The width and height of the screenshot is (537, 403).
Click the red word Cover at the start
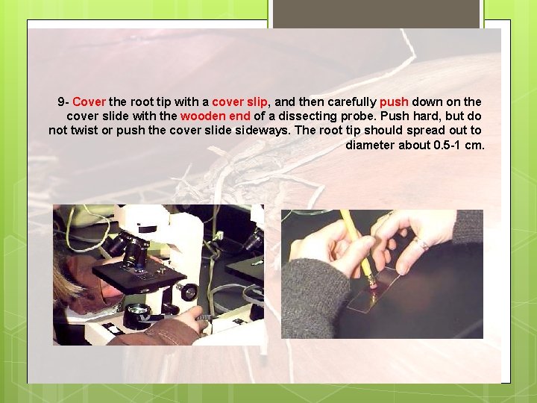[89, 101]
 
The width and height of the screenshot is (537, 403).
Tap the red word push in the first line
[394, 101]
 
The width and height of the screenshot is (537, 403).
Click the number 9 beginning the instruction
[60, 101]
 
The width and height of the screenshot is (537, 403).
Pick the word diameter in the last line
[369, 144]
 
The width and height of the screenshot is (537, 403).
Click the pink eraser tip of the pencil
[371, 282]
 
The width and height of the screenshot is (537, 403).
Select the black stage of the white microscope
[142, 276]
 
